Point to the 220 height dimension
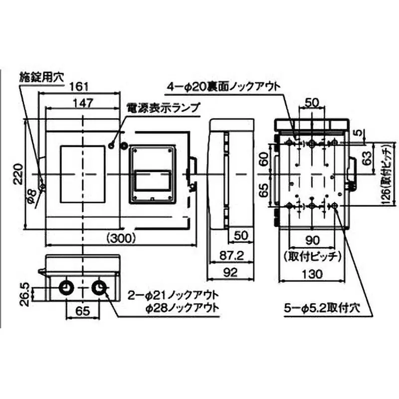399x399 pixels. [17, 174]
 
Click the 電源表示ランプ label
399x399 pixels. [163, 107]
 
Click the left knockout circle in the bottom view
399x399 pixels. [66, 288]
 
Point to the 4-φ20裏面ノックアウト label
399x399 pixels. [223, 87]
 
